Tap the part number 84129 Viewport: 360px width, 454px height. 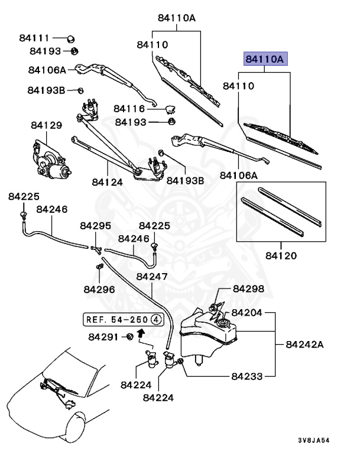click(x=47, y=125)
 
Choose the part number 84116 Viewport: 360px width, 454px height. click(x=129, y=109)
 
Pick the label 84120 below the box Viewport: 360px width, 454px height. click(x=281, y=256)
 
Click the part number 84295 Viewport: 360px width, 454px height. click(x=95, y=226)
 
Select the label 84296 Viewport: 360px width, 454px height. click(x=99, y=289)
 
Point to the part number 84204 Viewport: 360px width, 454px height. click(x=247, y=312)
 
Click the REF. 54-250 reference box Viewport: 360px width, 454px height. click(x=122, y=320)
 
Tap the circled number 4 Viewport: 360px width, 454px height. click(x=155, y=320)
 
